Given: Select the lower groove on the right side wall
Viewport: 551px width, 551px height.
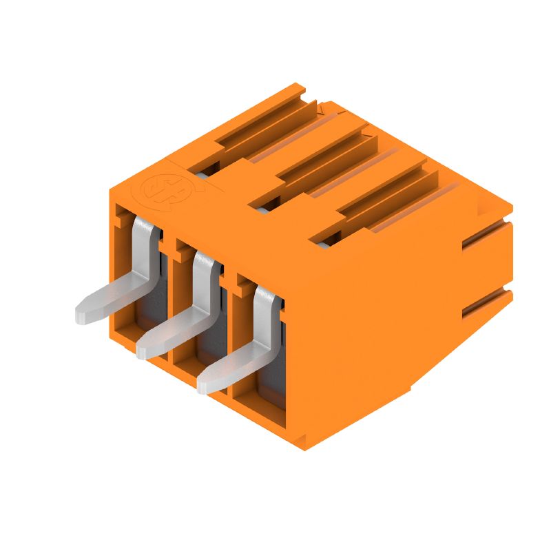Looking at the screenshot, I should tap(486, 303).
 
